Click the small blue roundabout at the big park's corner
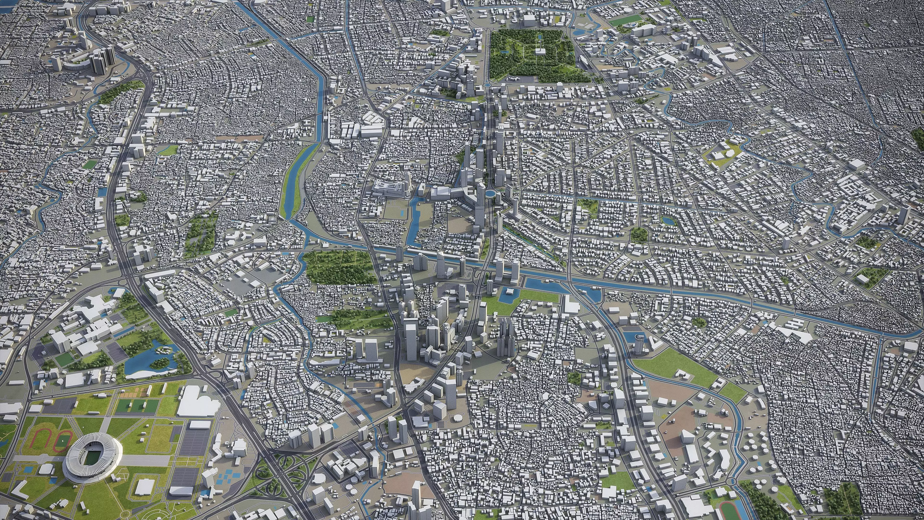(488, 85)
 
